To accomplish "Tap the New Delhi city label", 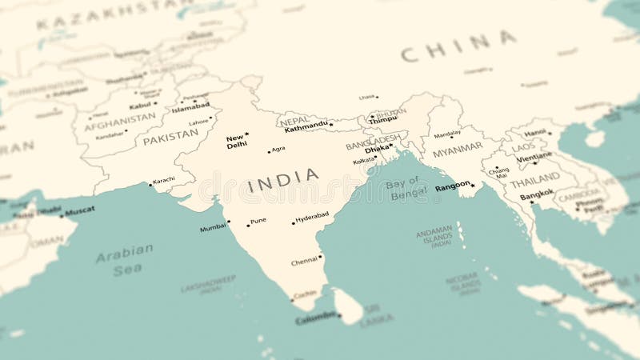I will tap(236, 142).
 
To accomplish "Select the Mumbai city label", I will tap(213, 228).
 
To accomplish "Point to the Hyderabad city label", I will tap(312, 215).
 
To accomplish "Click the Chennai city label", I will tap(304, 261).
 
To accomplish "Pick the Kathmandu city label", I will tap(306, 126).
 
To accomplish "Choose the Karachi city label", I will tap(163, 180).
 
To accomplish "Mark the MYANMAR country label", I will tap(458, 147).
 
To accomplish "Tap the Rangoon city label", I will tap(453, 186).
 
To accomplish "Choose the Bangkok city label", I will tap(536, 194).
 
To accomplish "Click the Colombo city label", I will tap(315, 319).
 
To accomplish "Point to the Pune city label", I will tap(258, 221).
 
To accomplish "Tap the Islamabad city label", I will tap(190, 106).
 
